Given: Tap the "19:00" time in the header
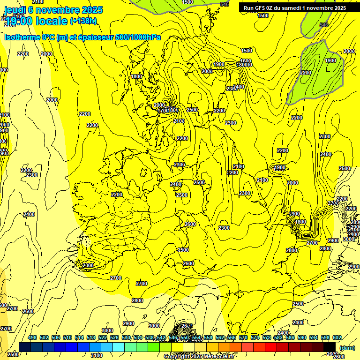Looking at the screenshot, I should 19,21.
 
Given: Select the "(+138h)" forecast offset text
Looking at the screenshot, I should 83,21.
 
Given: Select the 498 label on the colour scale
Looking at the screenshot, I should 32,338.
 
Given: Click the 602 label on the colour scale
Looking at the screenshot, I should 337,338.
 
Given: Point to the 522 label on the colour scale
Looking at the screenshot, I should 103,338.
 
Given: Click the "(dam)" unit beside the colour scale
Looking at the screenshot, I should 347,347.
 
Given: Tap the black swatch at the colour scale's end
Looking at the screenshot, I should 329,347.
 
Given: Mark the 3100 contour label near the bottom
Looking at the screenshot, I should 97,355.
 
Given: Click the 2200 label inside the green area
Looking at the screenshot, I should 305,73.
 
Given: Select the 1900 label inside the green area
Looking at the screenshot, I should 330,60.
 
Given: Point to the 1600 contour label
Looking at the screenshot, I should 246,61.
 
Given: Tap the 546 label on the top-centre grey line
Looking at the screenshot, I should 225,4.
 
